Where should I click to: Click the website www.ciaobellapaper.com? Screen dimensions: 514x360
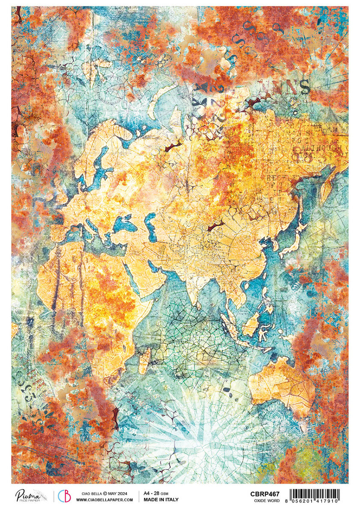click(105, 499)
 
